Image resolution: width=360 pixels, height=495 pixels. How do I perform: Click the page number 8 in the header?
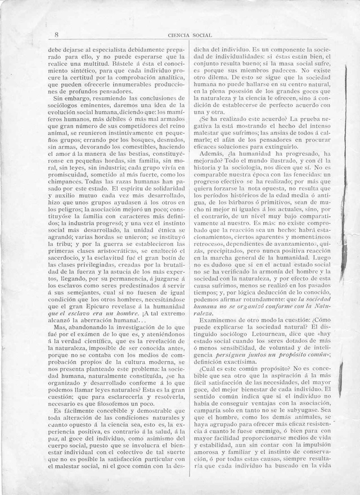coord(57,34)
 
